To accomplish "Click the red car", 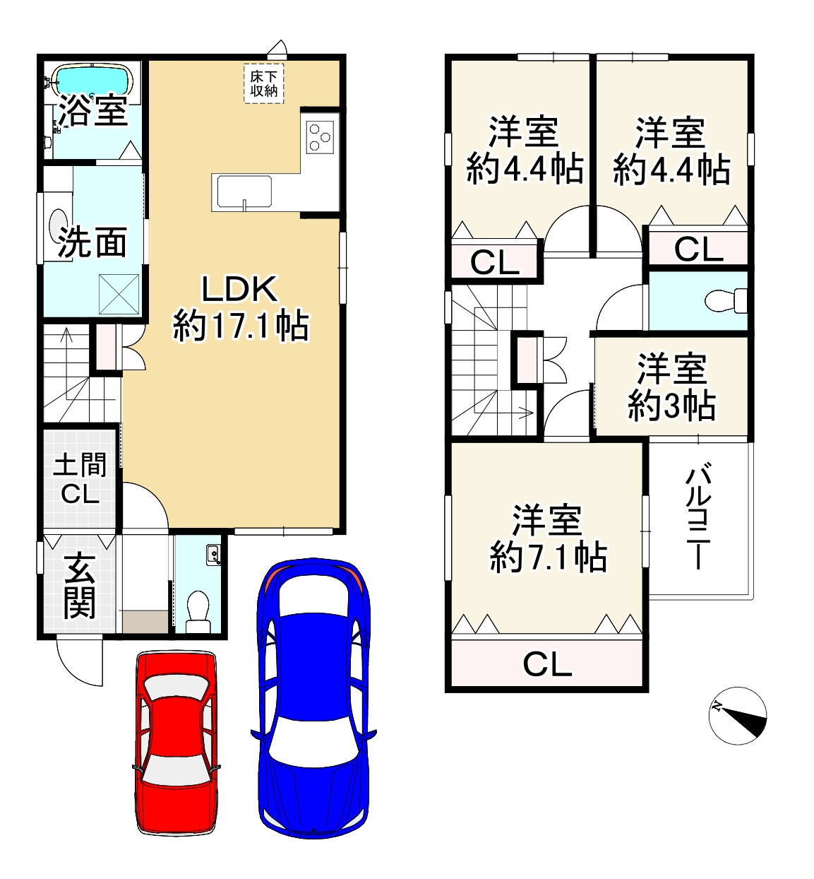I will pyautogui.click(x=175, y=742).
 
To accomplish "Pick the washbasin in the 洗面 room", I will pyautogui.click(x=57, y=225).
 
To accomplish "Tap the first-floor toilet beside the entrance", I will pyautogui.click(x=198, y=610).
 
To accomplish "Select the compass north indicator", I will pyautogui.click(x=737, y=716).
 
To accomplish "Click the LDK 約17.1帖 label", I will pyautogui.click(x=240, y=307).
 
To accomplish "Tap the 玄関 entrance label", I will pyautogui.click(x=79, y=586).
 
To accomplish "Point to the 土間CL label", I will pyautogui.click(x=80, y=479).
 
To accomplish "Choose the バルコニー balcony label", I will pyautogui.click(x=698, y=516).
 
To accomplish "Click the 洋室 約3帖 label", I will pyautogui.click(x=671, y=387).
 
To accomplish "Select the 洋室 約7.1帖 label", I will pyautogui.click(x=548, y=538).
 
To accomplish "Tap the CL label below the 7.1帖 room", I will pyautogui.click(x=547, y=664).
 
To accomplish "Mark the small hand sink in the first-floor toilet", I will pyautogui.click(x=213, y=555).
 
